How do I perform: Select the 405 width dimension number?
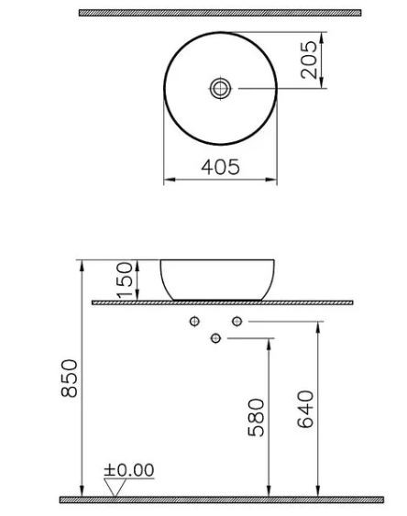click(x=220, y=167)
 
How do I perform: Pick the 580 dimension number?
click(x=258, y=416)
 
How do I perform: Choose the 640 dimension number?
click(x=306, y=409)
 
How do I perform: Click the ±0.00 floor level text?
click(x=128, y=470)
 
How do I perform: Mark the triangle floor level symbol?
click(x=114, y=487)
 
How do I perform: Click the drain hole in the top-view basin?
click(x=220, y=89)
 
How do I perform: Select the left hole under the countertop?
click(x=194, y=322)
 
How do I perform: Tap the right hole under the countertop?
click(x=236, y=322)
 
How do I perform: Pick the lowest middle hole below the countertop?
click(x=215, y=339)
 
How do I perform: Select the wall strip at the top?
click(x=220, y=13)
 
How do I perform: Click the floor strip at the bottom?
click(x=220, y=500)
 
